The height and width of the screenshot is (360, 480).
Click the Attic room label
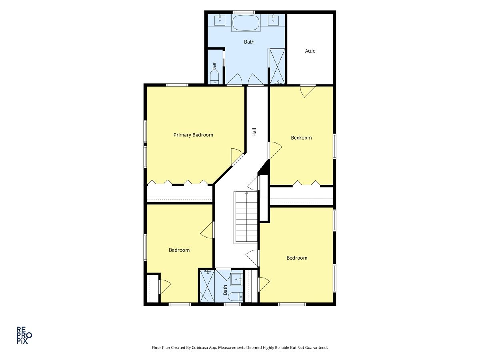point(310,51)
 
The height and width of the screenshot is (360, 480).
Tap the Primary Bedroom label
point(193,135)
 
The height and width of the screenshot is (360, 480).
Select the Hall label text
point(254,132)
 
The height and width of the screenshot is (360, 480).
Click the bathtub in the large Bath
point(246,23)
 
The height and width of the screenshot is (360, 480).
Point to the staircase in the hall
point(246,217)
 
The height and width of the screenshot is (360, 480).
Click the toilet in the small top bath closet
point(214,78)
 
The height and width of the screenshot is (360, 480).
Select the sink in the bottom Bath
point(237,279)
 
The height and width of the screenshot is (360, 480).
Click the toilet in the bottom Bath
point(235,297)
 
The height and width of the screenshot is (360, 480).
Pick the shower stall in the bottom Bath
point(207,286)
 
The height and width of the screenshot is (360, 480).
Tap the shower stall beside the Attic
point(277,66)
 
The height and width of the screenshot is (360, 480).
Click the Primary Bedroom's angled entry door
point(237,160)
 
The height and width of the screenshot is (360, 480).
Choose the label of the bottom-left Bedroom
point(179,250)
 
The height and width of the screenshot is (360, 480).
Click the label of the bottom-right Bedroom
point(297,258)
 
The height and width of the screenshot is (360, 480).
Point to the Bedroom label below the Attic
point(301,138)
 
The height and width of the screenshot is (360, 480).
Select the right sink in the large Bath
point(273,20)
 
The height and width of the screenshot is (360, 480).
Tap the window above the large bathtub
point(243,12)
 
